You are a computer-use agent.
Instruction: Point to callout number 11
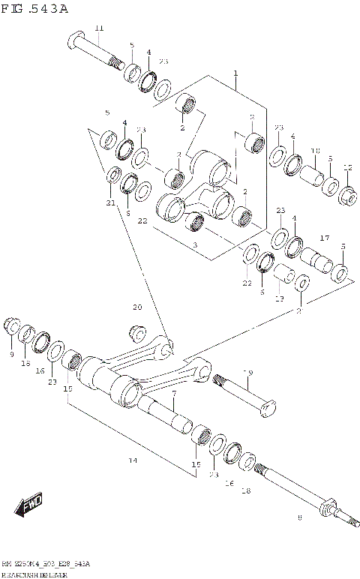click(x=99, y=28)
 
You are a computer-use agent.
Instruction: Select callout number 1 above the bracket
click(x=235, y=73)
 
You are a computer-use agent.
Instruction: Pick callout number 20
click(x=136, y=307)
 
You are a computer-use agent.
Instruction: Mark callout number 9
click(x=11, y=353)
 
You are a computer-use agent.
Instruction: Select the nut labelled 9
click(x=11, y=326)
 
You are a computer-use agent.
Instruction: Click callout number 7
click(x=174, y=394)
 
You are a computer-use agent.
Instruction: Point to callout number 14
click(x=133, y=460)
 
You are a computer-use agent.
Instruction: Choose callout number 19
click(x=247, y=373)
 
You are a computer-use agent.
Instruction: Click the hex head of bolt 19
click(x=268, y=409)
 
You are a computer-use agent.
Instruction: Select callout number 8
click(x=299, y=517)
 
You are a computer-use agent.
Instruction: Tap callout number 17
click(x=325, y=238)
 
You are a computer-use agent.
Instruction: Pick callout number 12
click(x=346, y=168)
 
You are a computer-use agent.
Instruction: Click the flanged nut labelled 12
click(x=348, y=196)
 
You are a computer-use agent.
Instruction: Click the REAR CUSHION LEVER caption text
click(x=37, y=574)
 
